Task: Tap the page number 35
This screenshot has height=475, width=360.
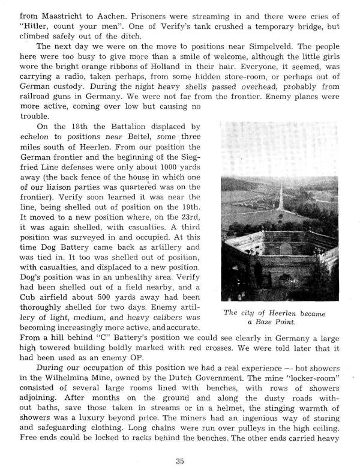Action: (x=180, y=461)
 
